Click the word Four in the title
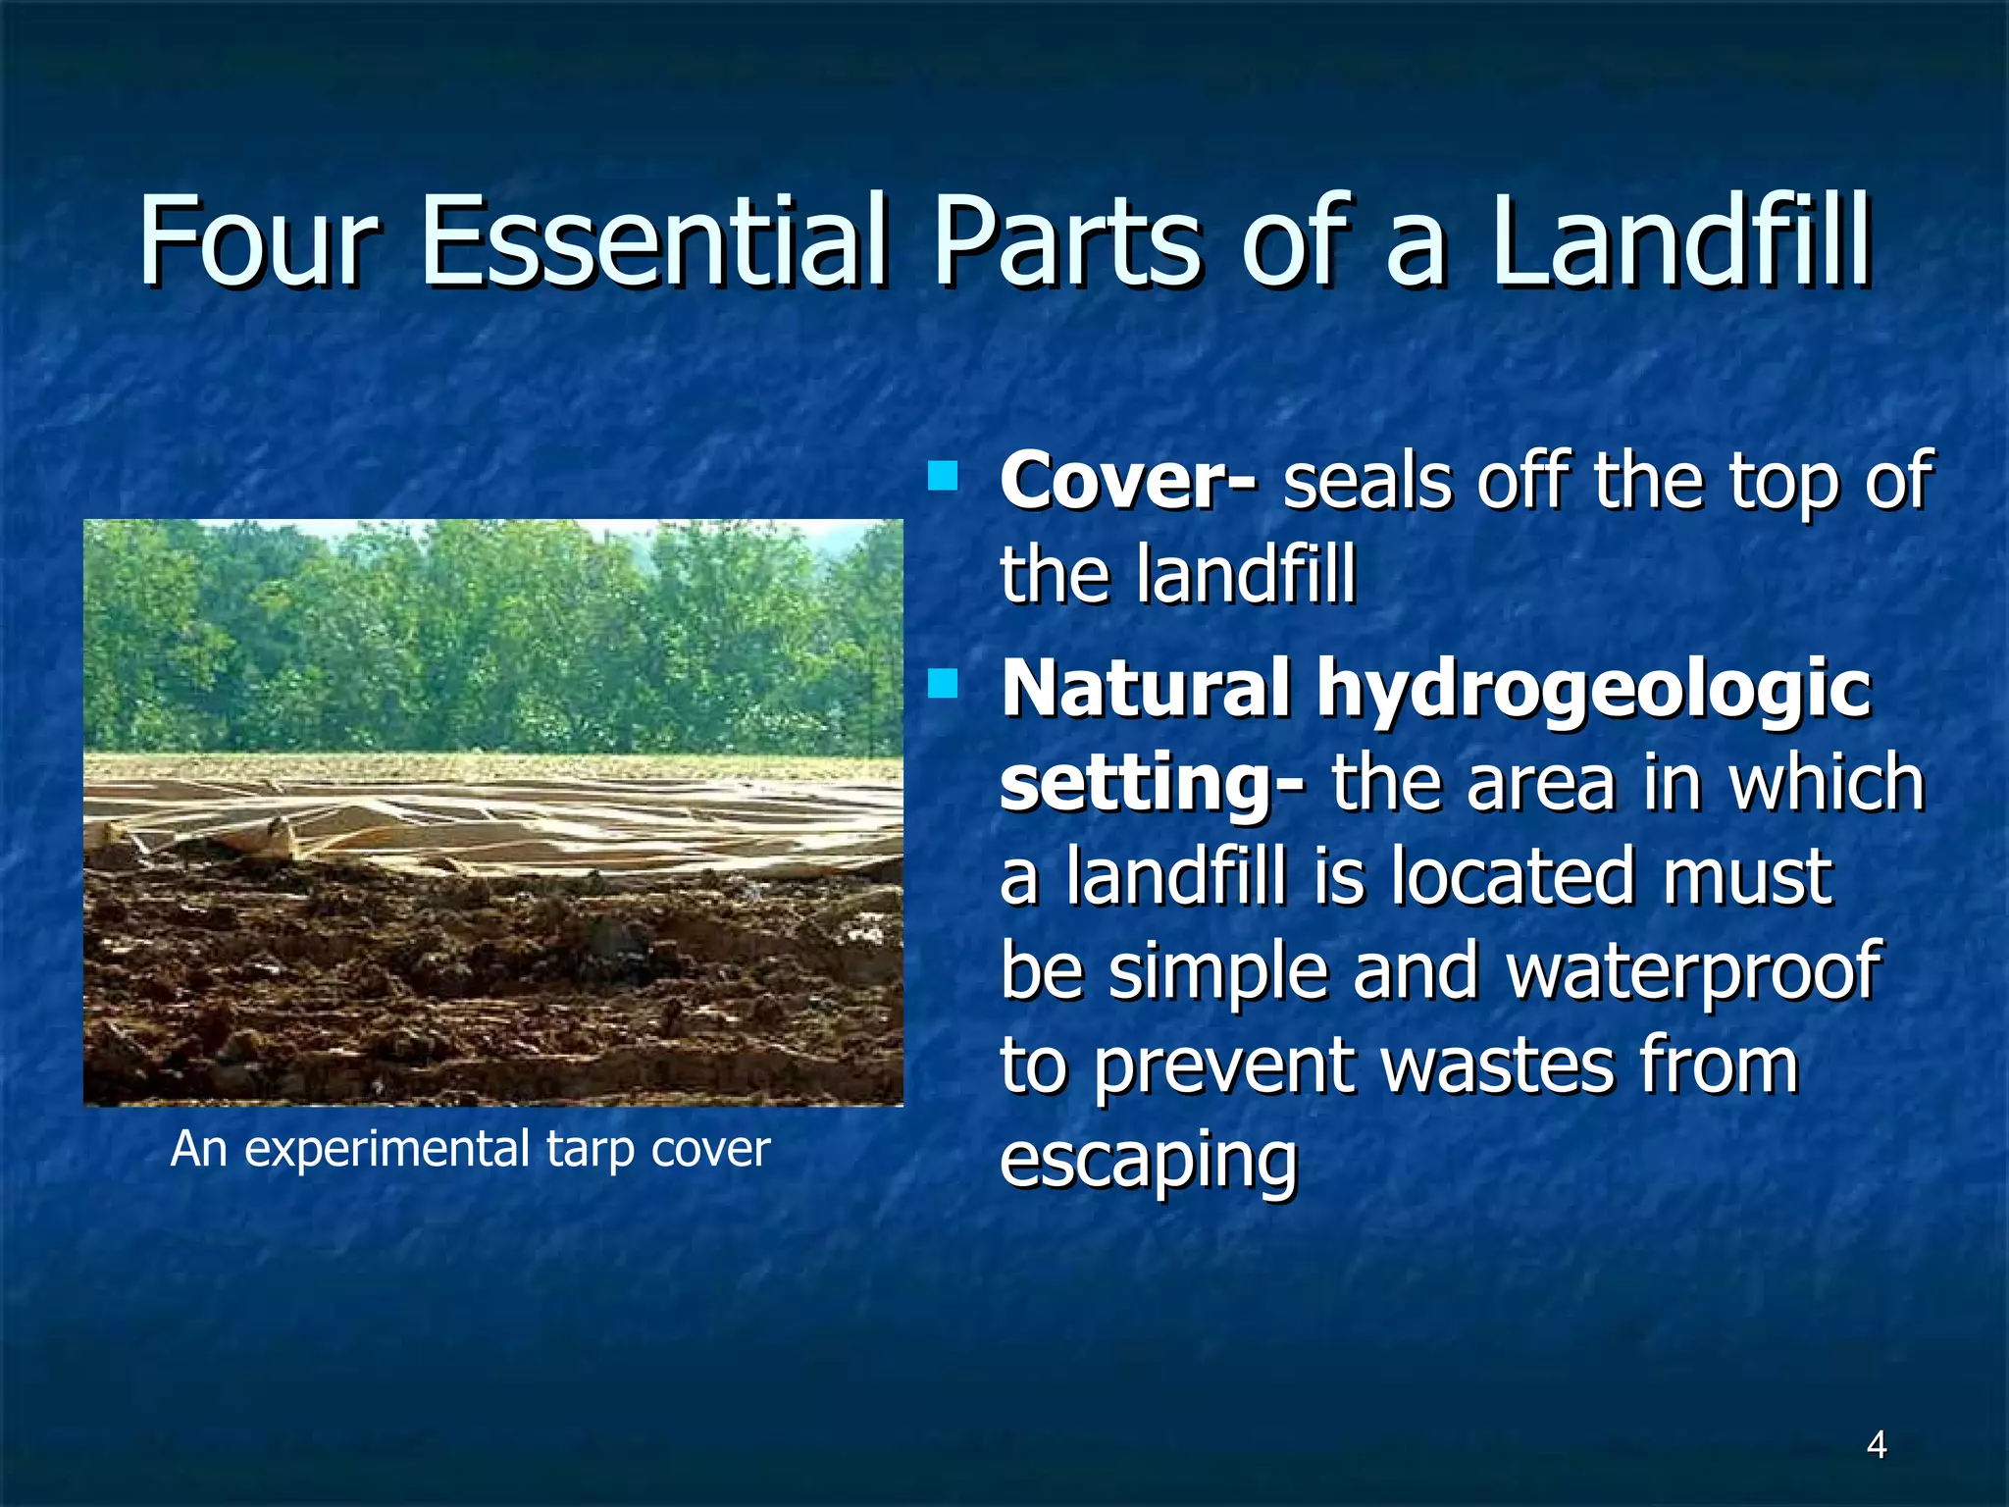coord(257,240)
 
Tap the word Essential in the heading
coord(652,240)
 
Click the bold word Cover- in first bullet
coord(1126,483)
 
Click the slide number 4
coord(1876,1445)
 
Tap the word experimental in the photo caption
coord(386,1150)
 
